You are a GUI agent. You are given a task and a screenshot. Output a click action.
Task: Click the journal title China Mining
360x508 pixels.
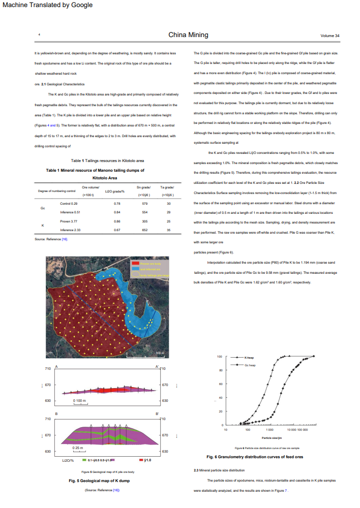[188, 35]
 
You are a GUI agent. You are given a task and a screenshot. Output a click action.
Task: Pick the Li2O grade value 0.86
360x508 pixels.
[116, 221]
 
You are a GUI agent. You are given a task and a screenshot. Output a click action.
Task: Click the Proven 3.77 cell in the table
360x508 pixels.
[69, 221]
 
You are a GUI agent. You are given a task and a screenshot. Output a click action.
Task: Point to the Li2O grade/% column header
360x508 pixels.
[114, 190]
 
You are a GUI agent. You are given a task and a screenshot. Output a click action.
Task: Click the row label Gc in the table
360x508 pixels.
[43, 208]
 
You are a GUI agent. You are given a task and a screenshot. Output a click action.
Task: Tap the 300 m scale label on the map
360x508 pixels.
[160, 353]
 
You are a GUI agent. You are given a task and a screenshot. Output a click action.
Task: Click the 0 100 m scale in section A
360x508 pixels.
[80, 401]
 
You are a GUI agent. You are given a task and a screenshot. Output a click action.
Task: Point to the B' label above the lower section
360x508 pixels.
[157, 415]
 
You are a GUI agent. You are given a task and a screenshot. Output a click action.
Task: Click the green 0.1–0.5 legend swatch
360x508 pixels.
[85, 461]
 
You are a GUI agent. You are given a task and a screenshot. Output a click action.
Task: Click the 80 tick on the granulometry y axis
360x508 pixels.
[221, 370]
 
